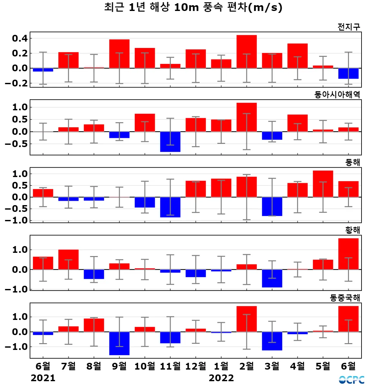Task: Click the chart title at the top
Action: coord(193,7)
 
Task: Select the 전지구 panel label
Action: coord(349,27)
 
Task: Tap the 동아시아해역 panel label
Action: coord(337,94)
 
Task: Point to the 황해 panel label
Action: coord(352,230)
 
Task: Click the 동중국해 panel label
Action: coord(345,298)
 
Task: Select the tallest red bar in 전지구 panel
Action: coord(247,52)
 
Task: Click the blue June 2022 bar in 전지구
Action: coord(348,74)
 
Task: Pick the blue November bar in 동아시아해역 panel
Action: coord(170,142)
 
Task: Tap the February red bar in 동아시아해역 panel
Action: coord(247,117)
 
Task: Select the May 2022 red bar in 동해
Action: coord(323,184)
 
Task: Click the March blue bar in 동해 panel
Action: coord(272,206)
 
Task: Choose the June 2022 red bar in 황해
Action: coord(348,254)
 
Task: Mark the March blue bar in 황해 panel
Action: coord(272,278)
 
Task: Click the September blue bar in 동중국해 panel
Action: coord(119,343)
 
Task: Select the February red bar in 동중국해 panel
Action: coord(247,319)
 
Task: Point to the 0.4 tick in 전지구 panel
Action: coord(20,38)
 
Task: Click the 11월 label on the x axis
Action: coord(170,366)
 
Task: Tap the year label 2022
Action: coord(221,378)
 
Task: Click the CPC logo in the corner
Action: coord(352,380)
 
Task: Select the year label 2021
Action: coord(43,378)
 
